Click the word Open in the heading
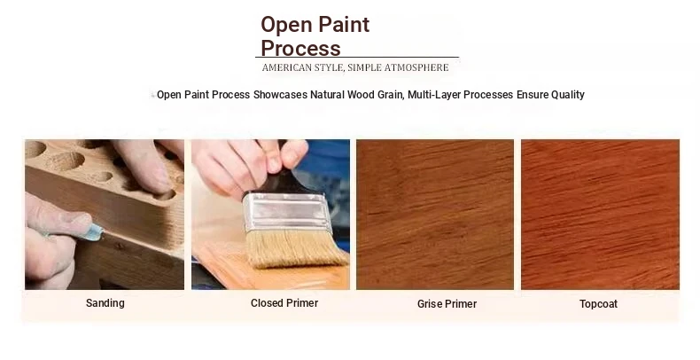point(286,26)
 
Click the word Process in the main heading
point(300,48)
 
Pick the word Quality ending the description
point(568,95)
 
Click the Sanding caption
point(105,303)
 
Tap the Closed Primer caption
point(284,303)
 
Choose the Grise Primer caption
point(447,304)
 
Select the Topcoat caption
point(598,304)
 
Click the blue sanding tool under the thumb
point(95,231)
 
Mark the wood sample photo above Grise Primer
point(435,215)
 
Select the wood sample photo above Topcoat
point(600,215)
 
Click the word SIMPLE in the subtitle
point(364,67)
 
